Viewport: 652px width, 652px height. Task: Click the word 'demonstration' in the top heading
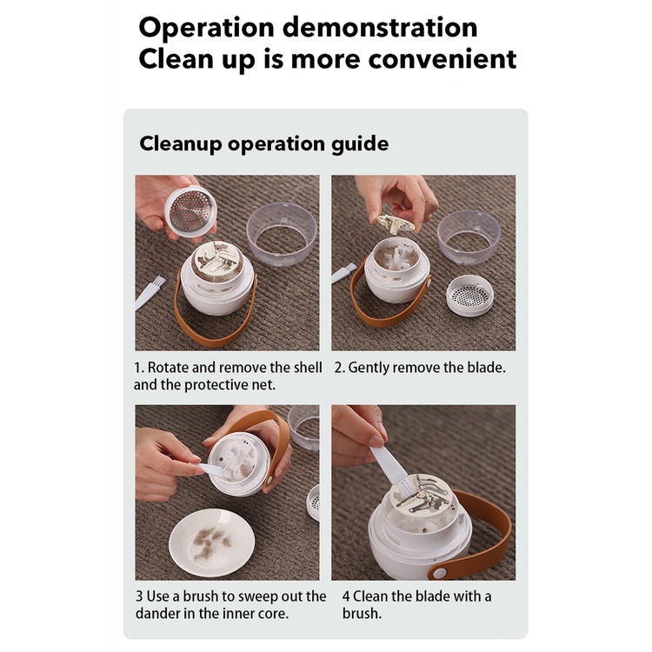[380, 28]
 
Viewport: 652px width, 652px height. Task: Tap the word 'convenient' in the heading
[442, 59]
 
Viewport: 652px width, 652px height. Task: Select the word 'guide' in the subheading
[360, 144]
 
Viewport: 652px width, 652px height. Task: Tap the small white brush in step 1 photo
[149, 292]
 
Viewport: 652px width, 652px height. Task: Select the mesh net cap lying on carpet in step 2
[469, 296]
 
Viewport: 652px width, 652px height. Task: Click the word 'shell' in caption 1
[308, 368]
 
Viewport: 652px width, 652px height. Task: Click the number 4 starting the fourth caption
[346, 596]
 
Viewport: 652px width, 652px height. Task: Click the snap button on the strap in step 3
[269, 480]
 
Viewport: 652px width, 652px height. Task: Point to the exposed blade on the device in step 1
[217, 258]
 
